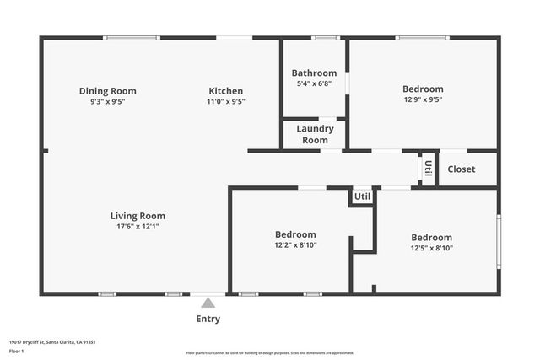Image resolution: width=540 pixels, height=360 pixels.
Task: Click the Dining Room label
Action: coord(107,91)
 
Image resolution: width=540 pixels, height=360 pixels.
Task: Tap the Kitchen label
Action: coord(225,91)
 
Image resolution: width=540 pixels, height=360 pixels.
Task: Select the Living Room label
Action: coord(138,216)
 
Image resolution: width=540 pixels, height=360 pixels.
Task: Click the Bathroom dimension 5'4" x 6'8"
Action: coord(314,83)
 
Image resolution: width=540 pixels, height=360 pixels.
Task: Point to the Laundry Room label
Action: coord(315,134)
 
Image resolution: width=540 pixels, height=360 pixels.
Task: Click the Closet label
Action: coord(461,169)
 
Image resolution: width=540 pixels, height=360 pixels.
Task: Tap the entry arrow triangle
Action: coord(208,302)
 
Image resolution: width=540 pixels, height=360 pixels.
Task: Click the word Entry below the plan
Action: coord(208,319)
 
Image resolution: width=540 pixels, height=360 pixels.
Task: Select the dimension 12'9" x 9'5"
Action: coord(422,99)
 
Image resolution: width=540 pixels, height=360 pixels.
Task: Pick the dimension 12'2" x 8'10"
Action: coord(295,245)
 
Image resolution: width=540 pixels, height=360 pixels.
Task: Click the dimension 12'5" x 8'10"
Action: coord(431,248)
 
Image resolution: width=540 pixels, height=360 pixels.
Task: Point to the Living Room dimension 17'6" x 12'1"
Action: coord(138,226)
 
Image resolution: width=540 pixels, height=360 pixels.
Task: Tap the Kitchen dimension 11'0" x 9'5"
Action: coord(225,101)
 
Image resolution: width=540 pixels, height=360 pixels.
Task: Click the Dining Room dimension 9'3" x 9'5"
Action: coord(107,101)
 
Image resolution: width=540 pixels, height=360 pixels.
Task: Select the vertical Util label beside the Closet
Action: coord(428,168)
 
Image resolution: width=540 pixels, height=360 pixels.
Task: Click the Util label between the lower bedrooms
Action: coord(362,196)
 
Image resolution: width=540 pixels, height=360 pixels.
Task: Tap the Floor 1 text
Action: coord(16,351)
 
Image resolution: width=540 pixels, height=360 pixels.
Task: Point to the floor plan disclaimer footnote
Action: coord(270,353)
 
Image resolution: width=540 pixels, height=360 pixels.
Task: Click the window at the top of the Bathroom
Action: coord(325,37)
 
